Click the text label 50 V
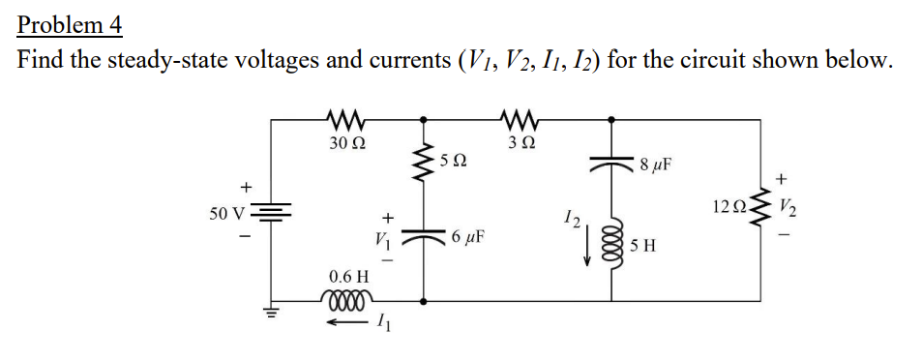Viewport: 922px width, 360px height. tap(227, 210)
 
